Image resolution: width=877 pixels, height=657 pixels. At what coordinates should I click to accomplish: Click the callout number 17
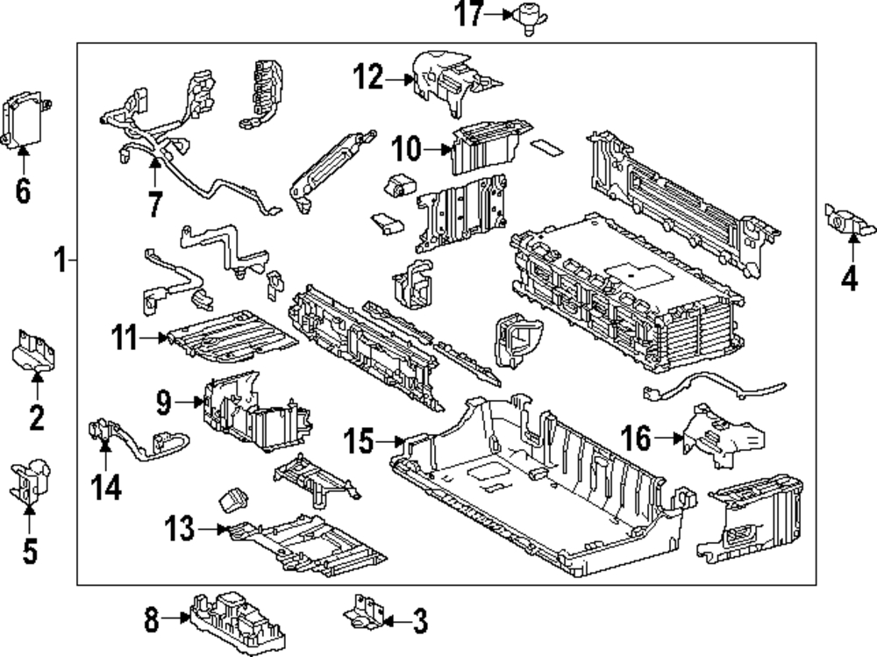pyautogui.click(x=468, y=14)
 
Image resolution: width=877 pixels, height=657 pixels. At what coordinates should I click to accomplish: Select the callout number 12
pyautogui.click(x=368, y=76)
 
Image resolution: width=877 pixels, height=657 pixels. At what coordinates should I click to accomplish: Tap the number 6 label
pyautogui.click(x=23, y=191)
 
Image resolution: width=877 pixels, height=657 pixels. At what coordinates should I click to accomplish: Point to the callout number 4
pyautogui.click(x=850, y=278)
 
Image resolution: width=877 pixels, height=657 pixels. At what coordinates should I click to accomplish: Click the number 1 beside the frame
pyautogui.click(x=61, y=261)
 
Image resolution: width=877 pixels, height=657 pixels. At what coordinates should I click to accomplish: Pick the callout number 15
pyautogui.click(x=358, y=440)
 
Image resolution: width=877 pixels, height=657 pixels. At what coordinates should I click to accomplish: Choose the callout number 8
pyautogui.click(x=152, y=619)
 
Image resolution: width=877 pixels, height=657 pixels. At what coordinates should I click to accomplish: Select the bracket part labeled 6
pyautogui.click(x=25, y=121)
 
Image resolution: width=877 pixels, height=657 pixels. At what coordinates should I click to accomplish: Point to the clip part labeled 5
pyautogui.click(x=30, y=482)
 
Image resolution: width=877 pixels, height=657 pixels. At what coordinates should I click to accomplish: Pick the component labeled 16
pyautogui.click(x=723, y=436)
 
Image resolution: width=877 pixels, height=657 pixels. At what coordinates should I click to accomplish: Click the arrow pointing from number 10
pyautogui.click(x=438, y=149)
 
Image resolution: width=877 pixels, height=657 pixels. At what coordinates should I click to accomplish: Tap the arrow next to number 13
pyautogui.click(x=213, y=529)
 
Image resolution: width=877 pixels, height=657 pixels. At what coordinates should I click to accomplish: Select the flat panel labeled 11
pyautogui.click(x=232, y=337)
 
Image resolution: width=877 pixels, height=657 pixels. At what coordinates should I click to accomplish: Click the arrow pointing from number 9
pyautogui.click(x=189, y=402)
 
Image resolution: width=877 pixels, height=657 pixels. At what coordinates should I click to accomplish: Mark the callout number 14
pyautogui.click(x=106, y=487)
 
